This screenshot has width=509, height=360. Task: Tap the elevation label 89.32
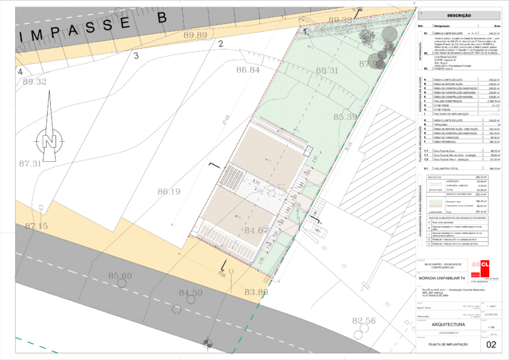(x=34, y=82)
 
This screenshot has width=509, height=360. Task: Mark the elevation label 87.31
(x=30, y=163)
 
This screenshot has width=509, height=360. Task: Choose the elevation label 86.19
(x=169, y=192)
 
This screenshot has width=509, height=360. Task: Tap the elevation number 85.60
(x=120, y=276)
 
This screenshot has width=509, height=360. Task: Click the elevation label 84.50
(x=190, y=292)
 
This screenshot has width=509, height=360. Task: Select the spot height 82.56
(x=364, y=321)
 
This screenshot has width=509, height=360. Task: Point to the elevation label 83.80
(x=256, y=292)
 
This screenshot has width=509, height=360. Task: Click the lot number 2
(x=220, y=44)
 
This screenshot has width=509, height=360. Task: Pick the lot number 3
(x=136, y=56)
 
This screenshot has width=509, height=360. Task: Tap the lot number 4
(x=21, y=72)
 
